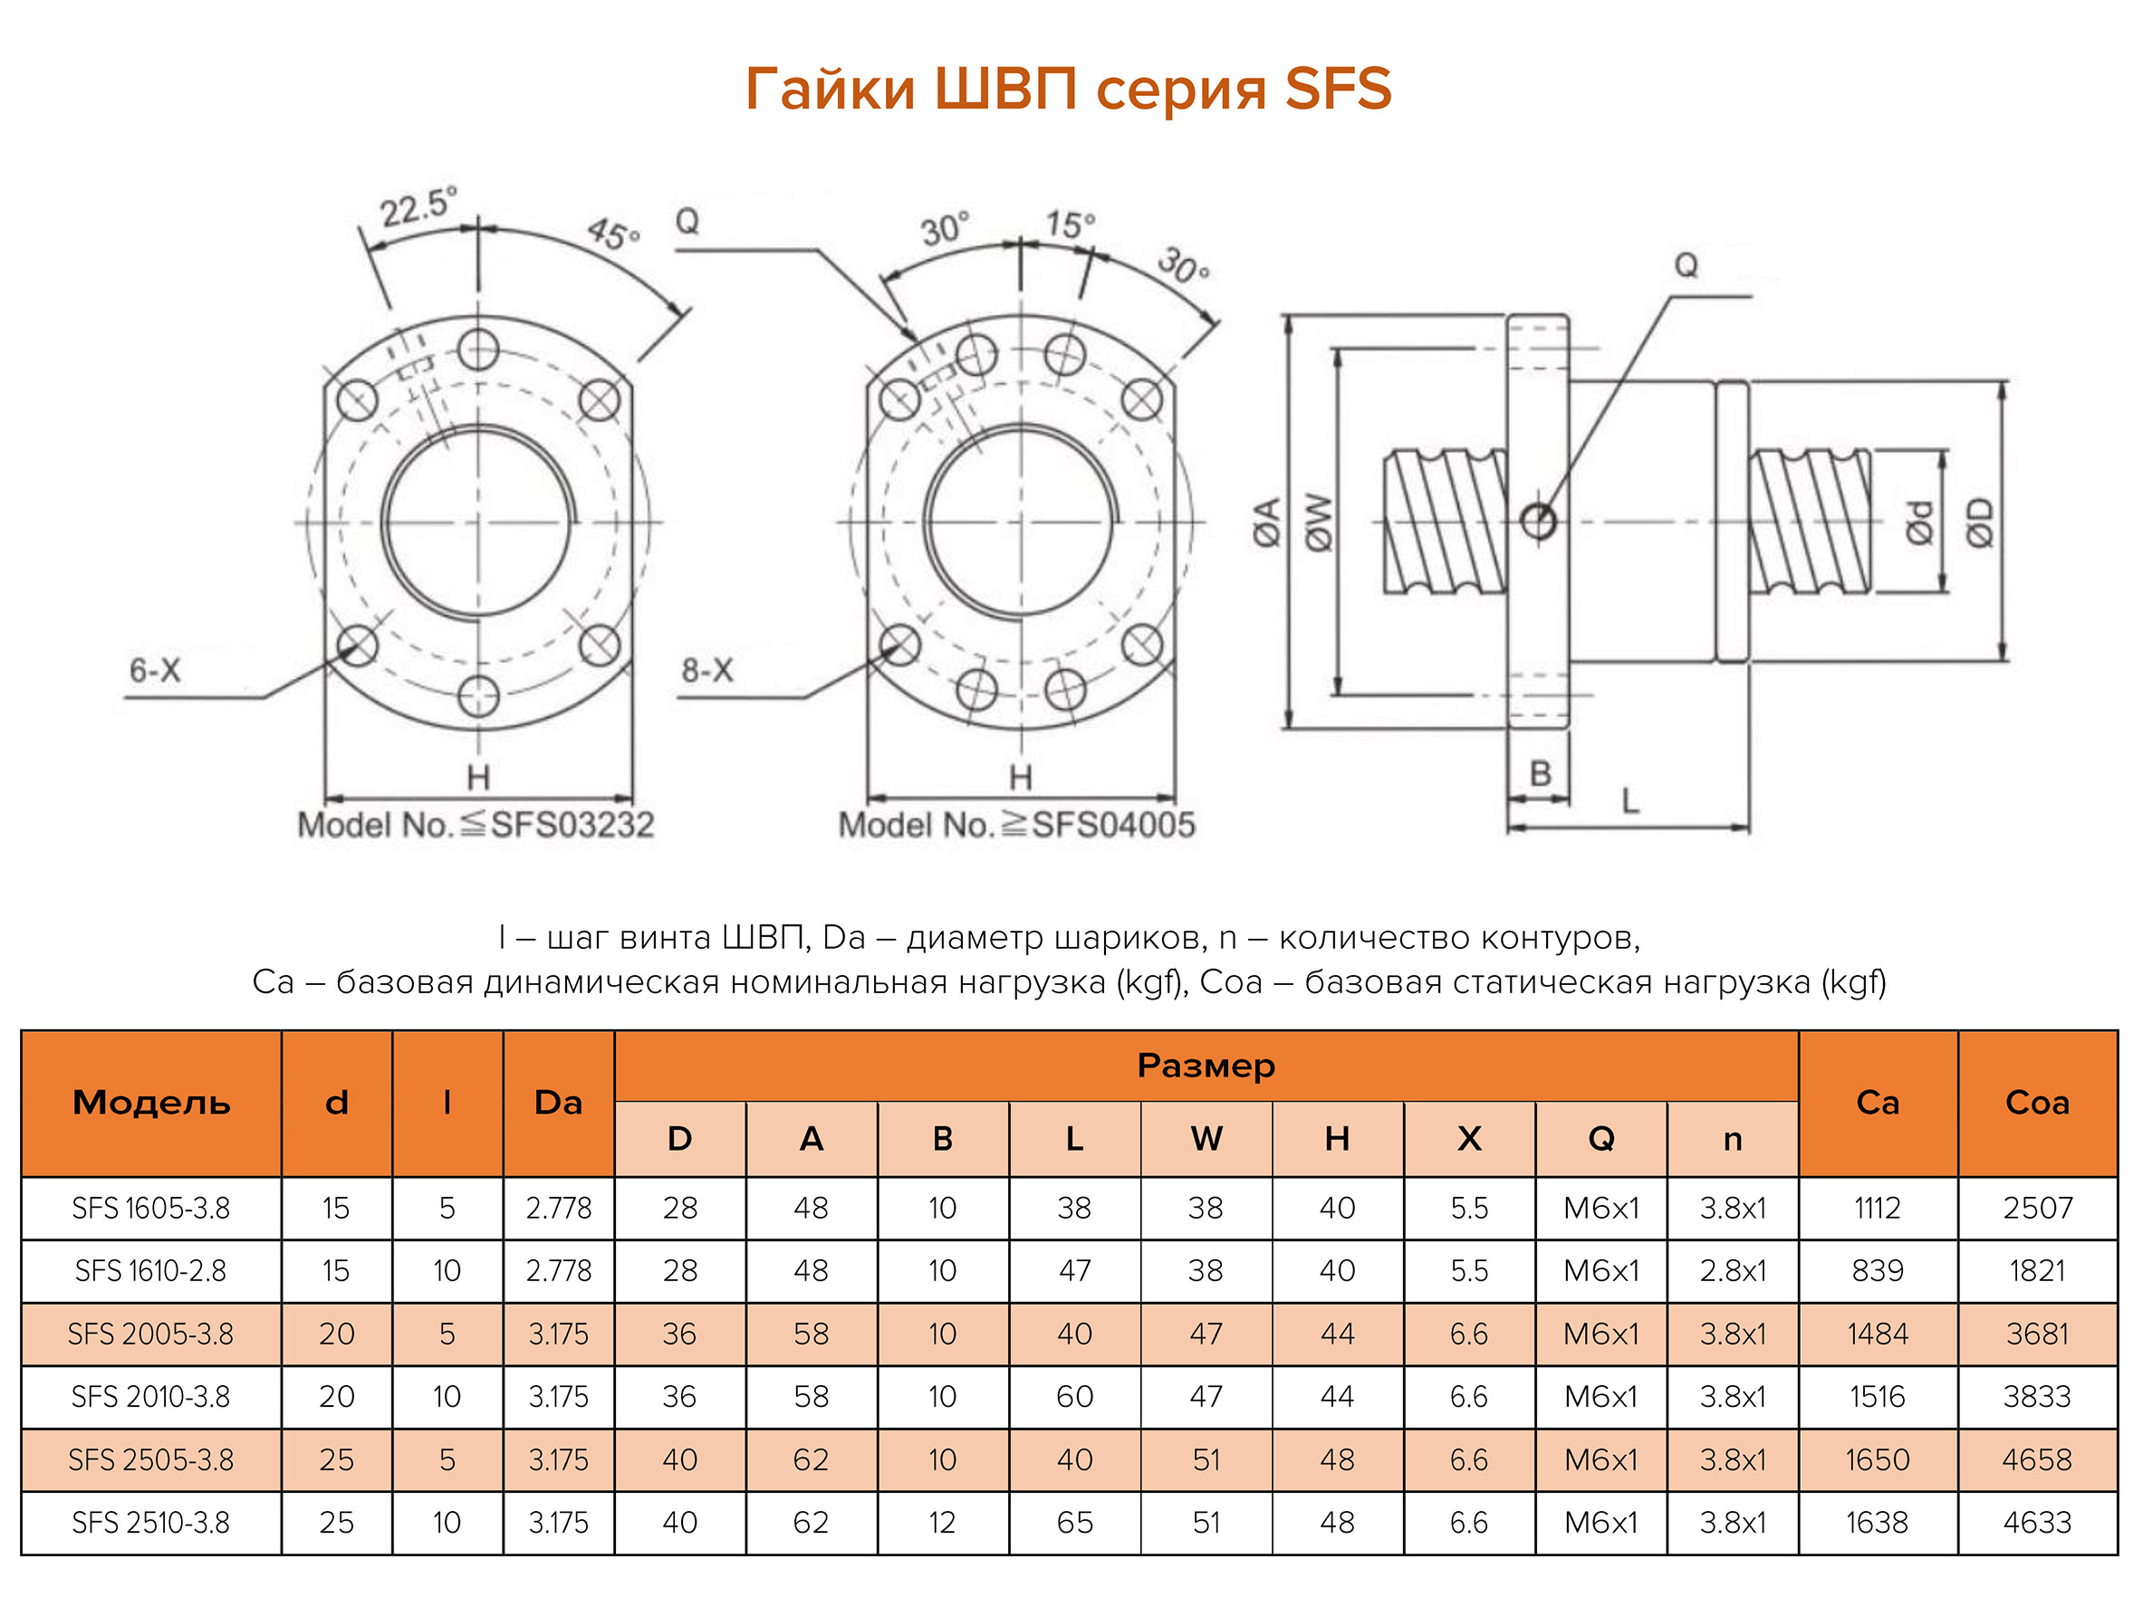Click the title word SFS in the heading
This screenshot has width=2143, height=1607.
click(x=1337, y=89)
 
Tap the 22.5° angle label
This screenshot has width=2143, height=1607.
click(x=417, y=206)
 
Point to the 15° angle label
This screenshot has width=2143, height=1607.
click(x=1070, y=225)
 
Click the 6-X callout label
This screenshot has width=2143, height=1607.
click(x=155, y=670)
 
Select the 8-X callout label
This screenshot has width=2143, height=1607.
click(x=706, y=670)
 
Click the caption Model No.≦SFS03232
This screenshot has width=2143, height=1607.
click(x=476, y=826)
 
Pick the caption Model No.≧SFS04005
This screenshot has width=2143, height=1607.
click(x=1016, y=826)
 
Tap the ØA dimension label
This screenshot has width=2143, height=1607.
click(x=1267, y=522)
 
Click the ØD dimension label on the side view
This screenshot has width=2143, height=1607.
click(x=1979, y=522)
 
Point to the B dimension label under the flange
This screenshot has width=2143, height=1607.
click(x=1541, y=774)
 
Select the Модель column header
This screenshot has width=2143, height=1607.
click(x=151, y=1103)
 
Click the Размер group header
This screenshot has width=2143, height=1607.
click(x=1206, y=1066)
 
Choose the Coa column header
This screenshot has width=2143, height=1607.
click(x=2036, y=1103)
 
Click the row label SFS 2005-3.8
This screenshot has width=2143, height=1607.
click(x=151, y=1334)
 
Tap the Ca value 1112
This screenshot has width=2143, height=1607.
click(x=1877, y=1208)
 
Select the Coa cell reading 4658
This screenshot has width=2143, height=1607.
click(x=2036, y=1459)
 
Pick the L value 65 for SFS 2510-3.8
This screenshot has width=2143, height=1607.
click(x=1074, y=1523)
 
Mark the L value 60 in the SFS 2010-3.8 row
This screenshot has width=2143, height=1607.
click(x=1074, y=1397)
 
